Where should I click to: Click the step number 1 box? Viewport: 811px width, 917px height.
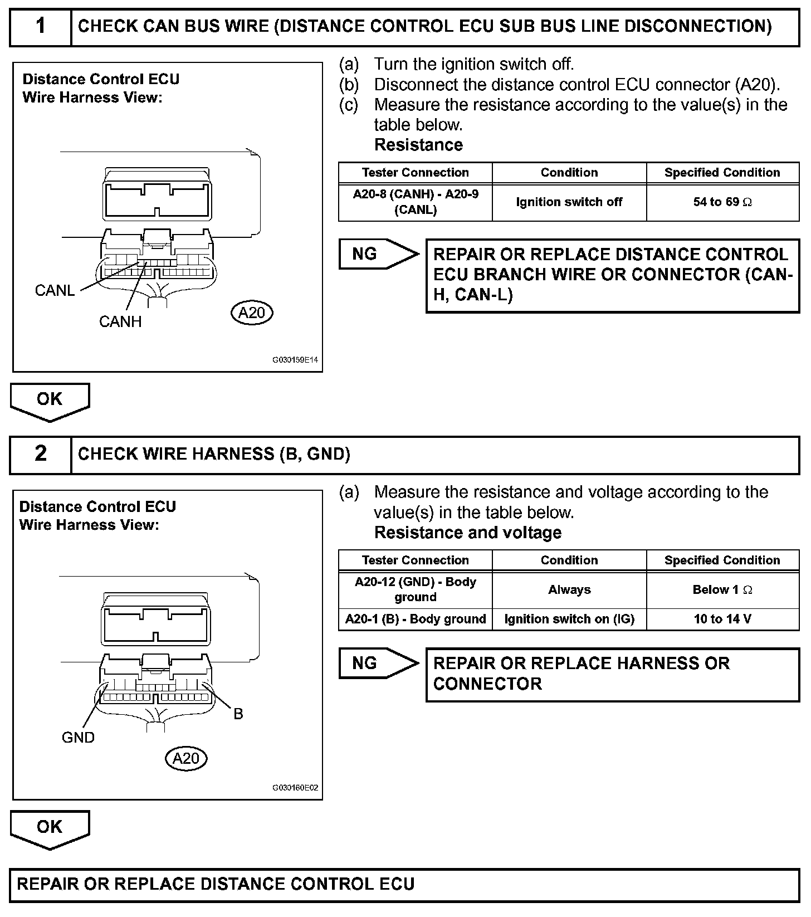(41, 26)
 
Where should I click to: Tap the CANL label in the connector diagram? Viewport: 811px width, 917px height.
(55, 291)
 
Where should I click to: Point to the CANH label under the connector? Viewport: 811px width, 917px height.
(120, 321)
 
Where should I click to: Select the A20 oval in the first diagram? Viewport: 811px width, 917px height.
(252, 313)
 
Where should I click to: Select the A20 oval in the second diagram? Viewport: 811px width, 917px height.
(186, 758)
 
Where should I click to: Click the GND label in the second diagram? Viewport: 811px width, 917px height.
(78, 738)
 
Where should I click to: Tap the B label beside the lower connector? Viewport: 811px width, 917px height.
(238, 714)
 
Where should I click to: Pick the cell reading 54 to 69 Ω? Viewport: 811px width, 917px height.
(722, 202)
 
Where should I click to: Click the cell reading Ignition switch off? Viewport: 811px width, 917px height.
(569, 202)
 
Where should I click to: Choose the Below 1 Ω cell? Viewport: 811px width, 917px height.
(722, 589)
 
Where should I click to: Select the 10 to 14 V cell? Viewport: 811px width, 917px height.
(722, 619)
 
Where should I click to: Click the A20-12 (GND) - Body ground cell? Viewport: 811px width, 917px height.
(416, 589)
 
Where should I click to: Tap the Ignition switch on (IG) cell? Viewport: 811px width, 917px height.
(569, 619)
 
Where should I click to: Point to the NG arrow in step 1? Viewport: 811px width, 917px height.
(377, 254)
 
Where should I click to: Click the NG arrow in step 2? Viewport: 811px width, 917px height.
(377, 663)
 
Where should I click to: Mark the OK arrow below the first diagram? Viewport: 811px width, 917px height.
(50, 401)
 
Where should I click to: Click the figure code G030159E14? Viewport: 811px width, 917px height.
(295, 360)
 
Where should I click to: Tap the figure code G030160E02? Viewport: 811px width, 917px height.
(295, 788)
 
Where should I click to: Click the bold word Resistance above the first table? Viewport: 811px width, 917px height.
(418, 145)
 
